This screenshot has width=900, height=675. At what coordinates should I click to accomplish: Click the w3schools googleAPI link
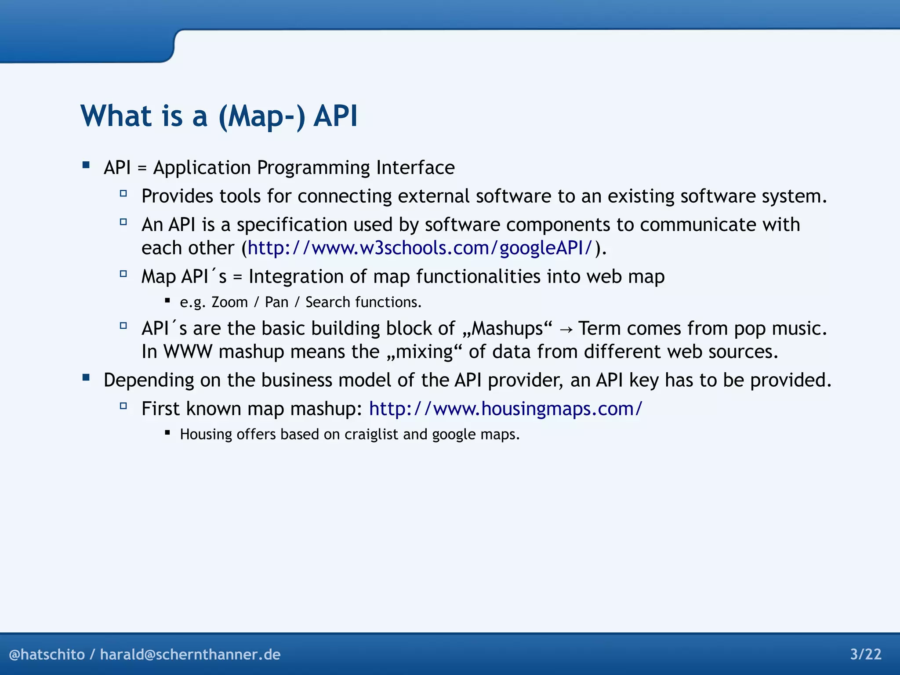420,248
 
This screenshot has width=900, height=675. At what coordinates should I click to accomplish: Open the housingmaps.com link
505,409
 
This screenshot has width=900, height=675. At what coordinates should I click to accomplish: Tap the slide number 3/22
866,654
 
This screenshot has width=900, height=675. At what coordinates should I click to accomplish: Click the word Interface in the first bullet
415,168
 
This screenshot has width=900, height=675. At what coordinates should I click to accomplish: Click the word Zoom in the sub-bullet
229,302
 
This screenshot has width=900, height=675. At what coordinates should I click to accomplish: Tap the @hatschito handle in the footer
47,654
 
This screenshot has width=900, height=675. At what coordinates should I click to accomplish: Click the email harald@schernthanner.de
190,654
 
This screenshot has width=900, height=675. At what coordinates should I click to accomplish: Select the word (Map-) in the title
262,116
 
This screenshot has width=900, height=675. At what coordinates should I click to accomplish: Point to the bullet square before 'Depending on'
86,377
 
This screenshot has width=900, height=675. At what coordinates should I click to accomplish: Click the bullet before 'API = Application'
86,165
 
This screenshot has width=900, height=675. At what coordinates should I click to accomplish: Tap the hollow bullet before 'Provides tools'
123,193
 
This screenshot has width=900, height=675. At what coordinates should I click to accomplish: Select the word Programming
313,168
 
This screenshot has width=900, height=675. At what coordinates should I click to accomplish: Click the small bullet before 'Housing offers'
167,432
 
